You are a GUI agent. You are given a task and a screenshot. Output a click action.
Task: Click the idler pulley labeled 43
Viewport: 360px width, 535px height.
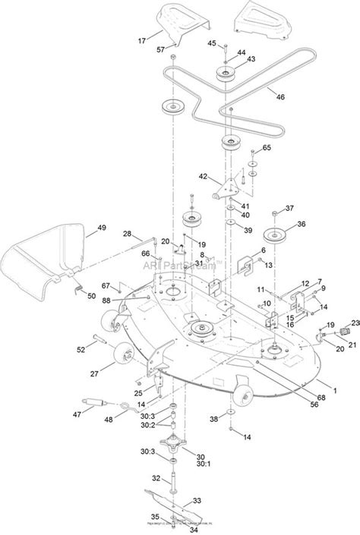(x=226, y=74)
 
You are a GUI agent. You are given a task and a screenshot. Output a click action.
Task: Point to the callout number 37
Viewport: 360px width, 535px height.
(x=289, y=209)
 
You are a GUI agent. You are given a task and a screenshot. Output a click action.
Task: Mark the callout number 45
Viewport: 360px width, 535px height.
(x=212, y=42)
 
